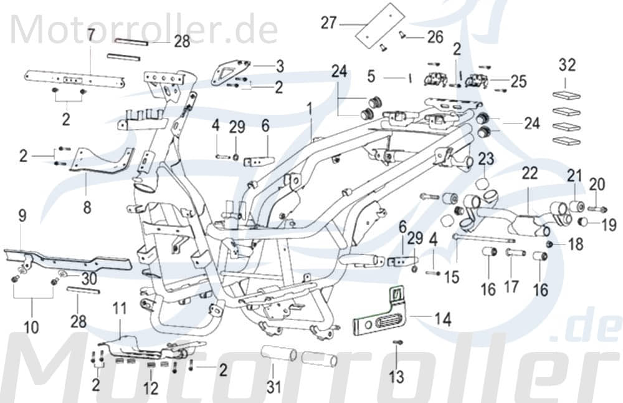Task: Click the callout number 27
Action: [329, 24]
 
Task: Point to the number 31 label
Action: [274, 387]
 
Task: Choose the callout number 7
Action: [91, 34]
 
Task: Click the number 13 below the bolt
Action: [396, 376]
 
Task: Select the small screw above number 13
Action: [398, 342]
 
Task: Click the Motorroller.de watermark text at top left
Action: [143, 28]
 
